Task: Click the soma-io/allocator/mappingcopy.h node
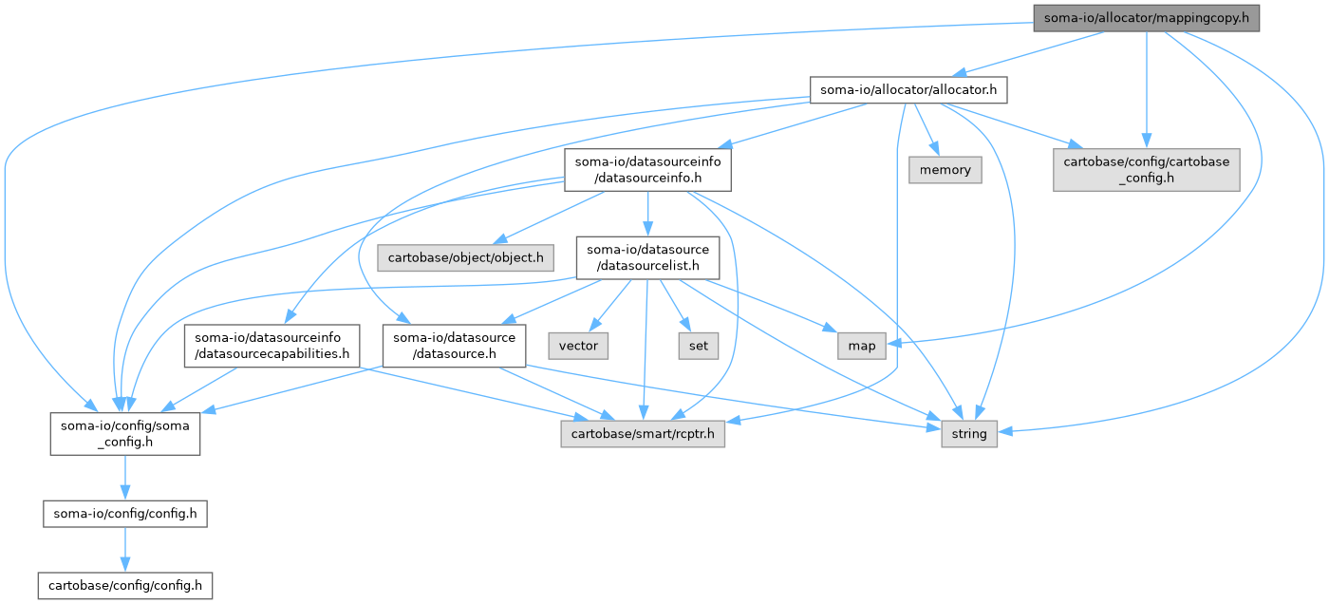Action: [1146, 17]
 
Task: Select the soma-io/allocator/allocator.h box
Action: [908, 90]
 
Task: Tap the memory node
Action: [945, 170]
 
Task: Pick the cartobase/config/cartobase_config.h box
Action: [1146, 170]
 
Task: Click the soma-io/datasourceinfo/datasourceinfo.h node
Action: [648, 170]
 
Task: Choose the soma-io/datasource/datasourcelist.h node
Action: [648, 257]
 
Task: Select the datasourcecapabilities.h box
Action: [272, 346]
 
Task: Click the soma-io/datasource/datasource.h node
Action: [454, 346]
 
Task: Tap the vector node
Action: [578, 346]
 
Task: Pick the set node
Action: [698, 346]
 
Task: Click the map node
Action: [862, 346]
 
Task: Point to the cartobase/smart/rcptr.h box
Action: [642, 434]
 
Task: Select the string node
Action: [969, 434]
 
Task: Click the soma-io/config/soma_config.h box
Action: [125, 434]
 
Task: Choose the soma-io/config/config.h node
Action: [125, 515]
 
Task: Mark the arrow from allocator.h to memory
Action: [924, 130]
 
